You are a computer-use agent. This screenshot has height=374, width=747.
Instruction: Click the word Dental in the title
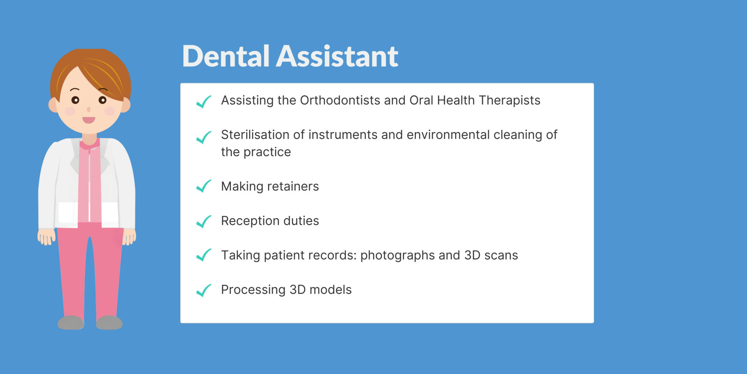coord(226,56)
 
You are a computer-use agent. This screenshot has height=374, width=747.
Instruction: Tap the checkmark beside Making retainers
coord(204,186)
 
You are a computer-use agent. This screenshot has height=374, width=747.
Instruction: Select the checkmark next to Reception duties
coord(204,221)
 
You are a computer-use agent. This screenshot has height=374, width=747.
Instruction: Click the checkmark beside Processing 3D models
coord(204,290)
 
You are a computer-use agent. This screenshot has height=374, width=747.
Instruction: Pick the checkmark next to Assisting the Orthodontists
coord(204,102)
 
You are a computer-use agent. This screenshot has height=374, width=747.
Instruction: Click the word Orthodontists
coord(340,101)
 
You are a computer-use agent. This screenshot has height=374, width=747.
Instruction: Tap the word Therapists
coord(509,101)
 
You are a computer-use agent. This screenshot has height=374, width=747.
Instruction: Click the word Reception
coord(250,221)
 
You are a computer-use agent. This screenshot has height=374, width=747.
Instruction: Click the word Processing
coord(253,290)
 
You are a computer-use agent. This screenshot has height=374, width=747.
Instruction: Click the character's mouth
coord(89,120)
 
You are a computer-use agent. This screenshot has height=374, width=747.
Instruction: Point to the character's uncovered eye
coord(75,100)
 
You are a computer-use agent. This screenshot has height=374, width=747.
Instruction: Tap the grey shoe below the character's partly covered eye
coord(109,323)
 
